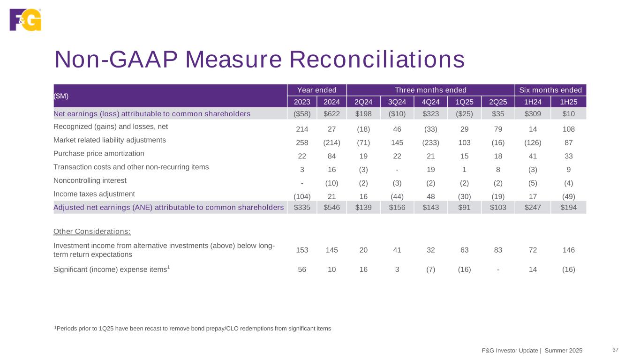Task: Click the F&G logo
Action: coord(26,20)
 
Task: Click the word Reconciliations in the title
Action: coord(376,60)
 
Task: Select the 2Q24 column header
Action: coord(363,102)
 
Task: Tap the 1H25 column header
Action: coord(568,102)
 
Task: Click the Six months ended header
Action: coord(551,90)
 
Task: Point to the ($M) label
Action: coord(61,96)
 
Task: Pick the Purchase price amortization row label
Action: coord(99,153)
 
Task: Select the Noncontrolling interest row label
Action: coord(90,180)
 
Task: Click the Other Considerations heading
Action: coord(92,231)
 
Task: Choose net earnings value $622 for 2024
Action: coord(332,113)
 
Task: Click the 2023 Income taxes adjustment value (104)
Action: coord(302,196)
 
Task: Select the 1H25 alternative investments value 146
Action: coord(568,250)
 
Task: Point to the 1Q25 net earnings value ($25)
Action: coord(464,113)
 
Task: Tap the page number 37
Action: coord(616,350)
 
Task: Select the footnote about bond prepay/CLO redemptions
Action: coord(193,329)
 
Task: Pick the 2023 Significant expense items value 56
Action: coord(302,270)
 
